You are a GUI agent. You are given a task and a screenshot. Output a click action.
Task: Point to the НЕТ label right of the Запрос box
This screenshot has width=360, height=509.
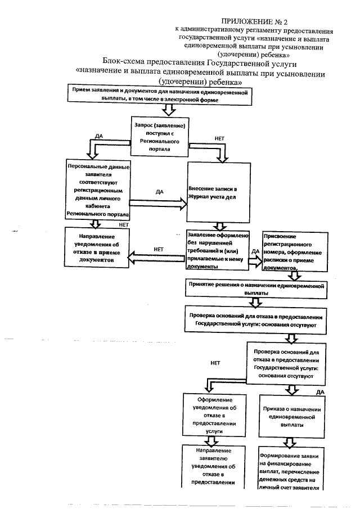221,137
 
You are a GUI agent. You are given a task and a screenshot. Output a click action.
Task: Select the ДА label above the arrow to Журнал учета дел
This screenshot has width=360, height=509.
159,192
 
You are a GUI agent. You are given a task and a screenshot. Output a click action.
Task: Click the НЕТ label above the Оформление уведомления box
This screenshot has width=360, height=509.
214,363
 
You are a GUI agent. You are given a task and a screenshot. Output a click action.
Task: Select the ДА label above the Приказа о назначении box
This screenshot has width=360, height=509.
320,391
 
